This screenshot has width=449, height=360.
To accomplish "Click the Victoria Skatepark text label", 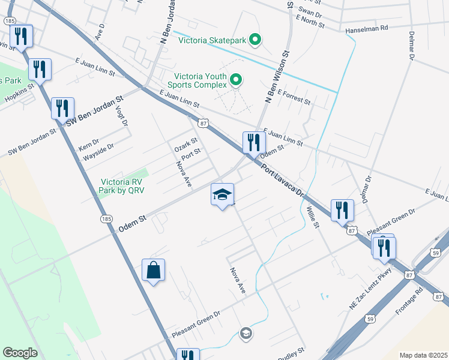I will (213, 41).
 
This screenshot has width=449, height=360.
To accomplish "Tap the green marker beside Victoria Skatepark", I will (255, 41).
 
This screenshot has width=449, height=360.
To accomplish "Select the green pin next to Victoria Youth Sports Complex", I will (236, 79).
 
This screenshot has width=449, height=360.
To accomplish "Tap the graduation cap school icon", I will (222, 194).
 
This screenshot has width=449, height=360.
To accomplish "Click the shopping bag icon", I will (154, 270).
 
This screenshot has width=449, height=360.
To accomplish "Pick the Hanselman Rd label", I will (367, 28).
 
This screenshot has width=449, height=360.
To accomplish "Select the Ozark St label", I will (185, 145).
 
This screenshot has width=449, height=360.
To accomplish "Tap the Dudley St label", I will (292, 350).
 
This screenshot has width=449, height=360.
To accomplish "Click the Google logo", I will (20, 353).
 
